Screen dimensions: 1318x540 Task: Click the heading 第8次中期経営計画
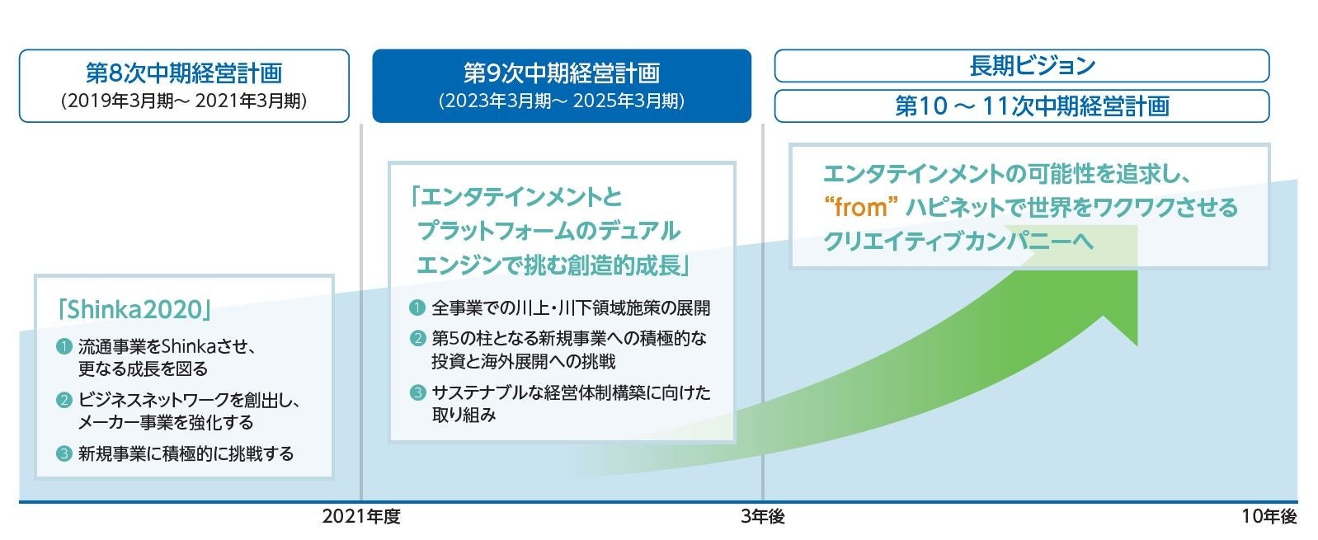tap(184, 73)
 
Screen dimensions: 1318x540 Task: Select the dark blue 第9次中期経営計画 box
tap(561, 86)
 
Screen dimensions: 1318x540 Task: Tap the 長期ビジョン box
tap(1021, 66)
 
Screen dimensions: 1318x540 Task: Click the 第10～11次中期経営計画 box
tap(1021, 106)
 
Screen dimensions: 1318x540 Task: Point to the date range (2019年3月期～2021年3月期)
tap(184, 101)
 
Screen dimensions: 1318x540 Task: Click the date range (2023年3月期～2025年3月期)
tap(561, 101)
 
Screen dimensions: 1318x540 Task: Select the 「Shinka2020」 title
tap(134, 309)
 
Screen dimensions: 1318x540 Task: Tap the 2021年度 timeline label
tap(361, 517)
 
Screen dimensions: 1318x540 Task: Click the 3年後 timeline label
tap(763, 517)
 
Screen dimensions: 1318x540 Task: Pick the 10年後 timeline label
tap(1269, 517)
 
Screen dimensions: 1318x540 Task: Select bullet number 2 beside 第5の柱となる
tap(417, 339)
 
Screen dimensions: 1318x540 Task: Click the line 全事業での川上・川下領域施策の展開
tap(570, 308)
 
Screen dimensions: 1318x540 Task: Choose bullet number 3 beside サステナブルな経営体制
tap(417, 392)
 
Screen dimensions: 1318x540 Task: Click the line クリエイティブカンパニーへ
tap(958, 240)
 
